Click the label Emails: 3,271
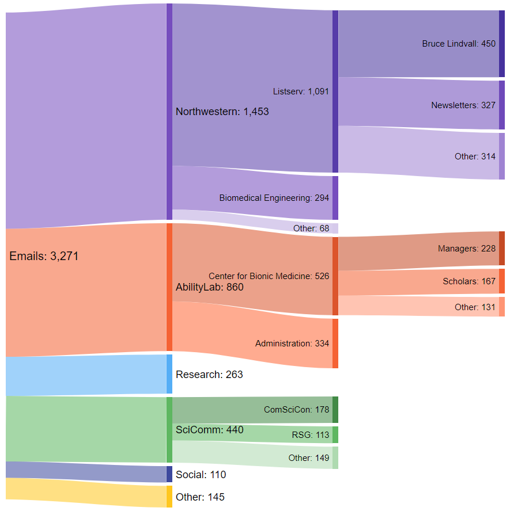(44, 257)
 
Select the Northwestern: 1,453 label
(222, 112)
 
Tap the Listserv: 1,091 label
(301, 91)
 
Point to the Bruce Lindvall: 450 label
(458, 44)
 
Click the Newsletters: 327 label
(463, 105)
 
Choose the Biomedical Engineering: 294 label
(274, 198)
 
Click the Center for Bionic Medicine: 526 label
(269, 276)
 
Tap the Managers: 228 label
(466, 249)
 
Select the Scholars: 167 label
(469, 281)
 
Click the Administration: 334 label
(292, 344)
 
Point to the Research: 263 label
(209, 375)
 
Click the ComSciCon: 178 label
(296, 410)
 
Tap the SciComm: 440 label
(209, 430)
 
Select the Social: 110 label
(201, 475)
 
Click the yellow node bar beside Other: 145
(169, 497)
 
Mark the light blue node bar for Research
(169, 374)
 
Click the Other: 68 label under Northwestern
(311, 228)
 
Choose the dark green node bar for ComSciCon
(335, 410)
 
